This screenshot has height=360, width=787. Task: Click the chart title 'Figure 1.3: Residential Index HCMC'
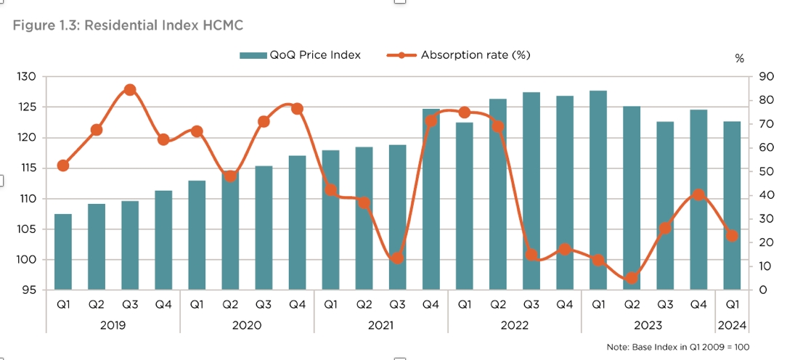128,25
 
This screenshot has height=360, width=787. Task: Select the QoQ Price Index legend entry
301,55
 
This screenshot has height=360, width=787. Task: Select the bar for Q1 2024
732,205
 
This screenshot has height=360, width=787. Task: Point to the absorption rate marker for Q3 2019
130,90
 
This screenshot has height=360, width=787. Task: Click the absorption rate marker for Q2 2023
632,278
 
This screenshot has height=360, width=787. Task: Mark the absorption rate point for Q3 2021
397,258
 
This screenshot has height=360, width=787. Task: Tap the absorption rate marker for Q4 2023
698,195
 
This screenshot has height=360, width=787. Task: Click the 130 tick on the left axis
28,77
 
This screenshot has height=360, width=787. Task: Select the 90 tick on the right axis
762,77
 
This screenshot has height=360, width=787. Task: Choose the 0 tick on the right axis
760,290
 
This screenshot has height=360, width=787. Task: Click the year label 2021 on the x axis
380,325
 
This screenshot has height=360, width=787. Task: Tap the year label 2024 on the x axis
732,325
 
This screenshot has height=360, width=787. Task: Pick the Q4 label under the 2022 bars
564,306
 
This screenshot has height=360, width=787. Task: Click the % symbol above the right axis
740,59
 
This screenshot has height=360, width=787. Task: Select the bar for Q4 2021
431,200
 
